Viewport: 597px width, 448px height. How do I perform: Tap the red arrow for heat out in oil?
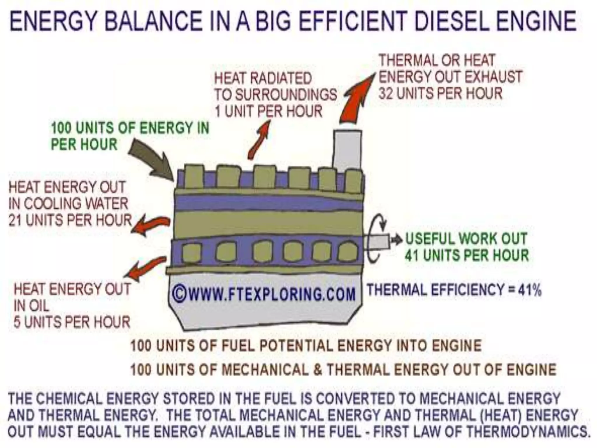[x=146, y=267]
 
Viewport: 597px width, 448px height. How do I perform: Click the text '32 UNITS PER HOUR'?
[x=440, y=93]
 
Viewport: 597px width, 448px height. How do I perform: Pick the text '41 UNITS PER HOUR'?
[x=466, y=255]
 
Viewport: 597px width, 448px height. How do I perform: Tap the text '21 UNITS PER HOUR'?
[x=70, y=220]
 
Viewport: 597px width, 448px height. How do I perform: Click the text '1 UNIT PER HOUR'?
[x=268, y=111]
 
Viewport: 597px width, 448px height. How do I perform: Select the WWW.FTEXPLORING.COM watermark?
[x=264, y=294]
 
